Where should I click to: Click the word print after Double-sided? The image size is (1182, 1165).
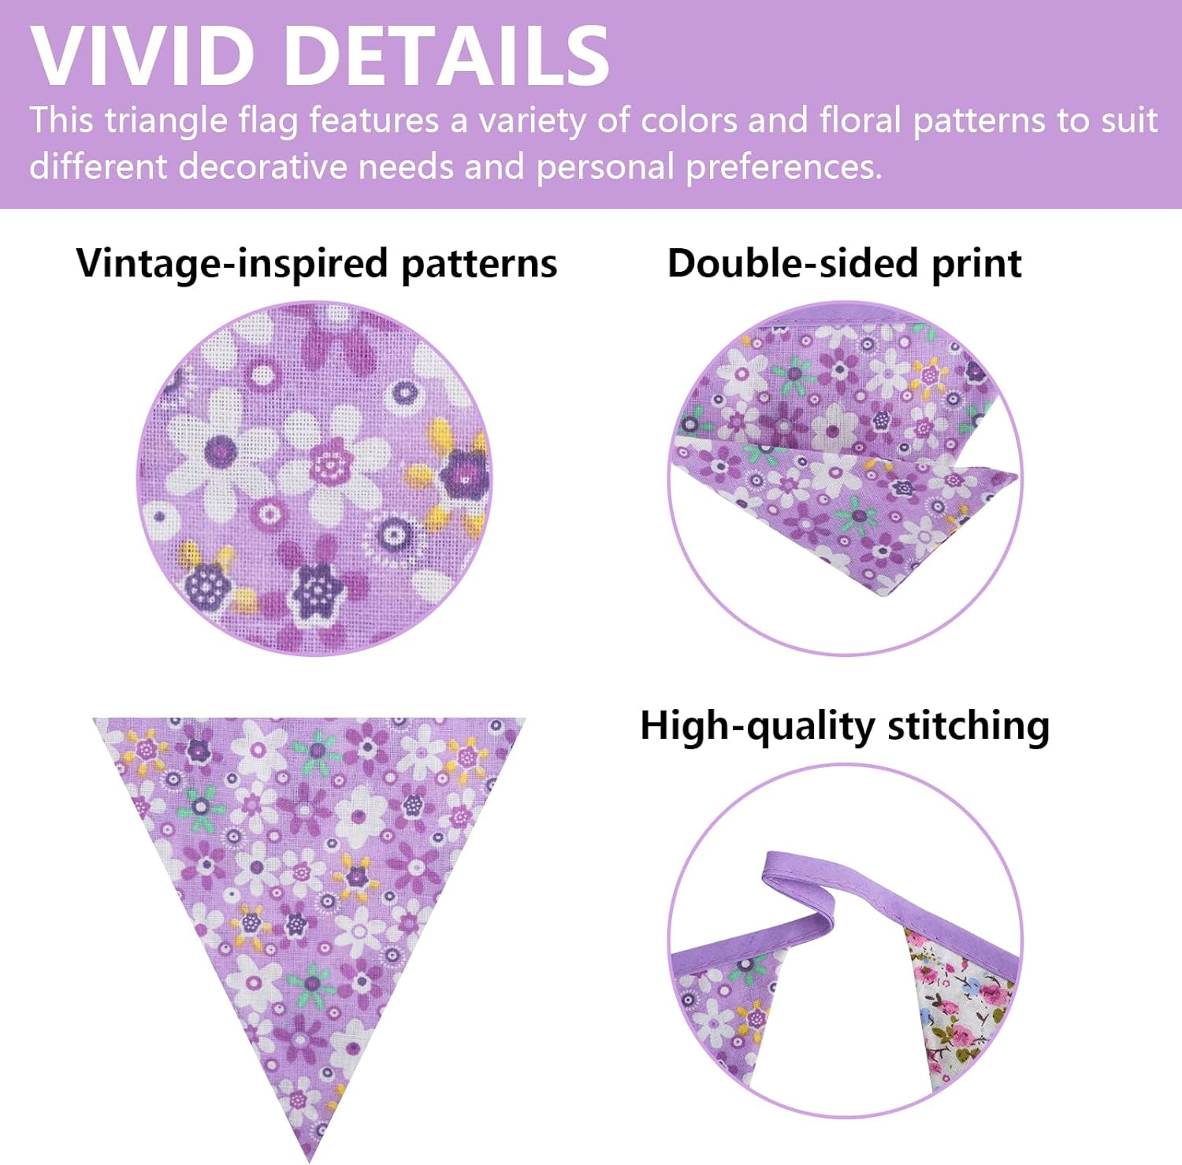point(976,265)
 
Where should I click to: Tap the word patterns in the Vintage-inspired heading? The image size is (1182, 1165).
point(479,265)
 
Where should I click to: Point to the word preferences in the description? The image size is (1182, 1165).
point(783,168)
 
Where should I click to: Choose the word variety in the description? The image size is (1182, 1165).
point(533,121)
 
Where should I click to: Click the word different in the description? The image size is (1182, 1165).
point(98,167)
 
